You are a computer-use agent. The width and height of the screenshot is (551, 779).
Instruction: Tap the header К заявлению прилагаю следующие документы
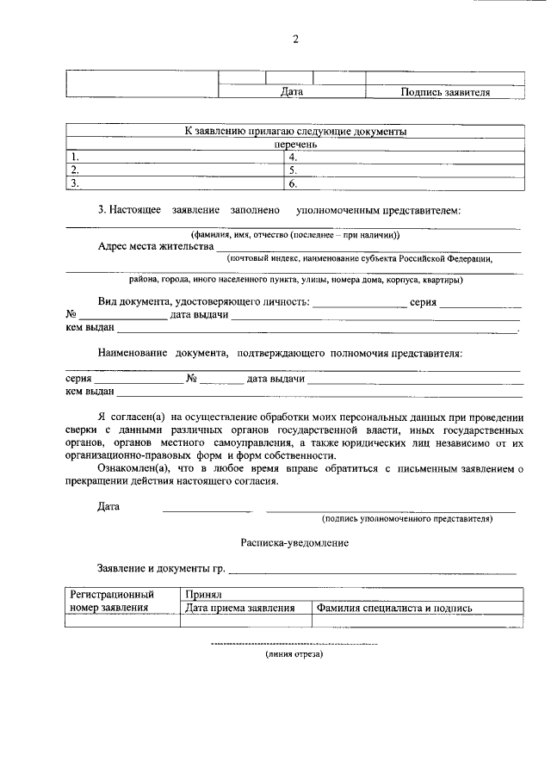tap(295, 132)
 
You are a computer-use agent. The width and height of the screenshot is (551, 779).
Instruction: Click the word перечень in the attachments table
tap(295, 145)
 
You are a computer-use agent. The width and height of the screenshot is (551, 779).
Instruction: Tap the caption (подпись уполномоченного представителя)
tap(406, 519)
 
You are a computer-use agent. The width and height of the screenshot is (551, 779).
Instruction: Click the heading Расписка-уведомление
tap(294, 544)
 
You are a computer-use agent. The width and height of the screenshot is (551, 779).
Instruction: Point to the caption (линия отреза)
tap(294, 655)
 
